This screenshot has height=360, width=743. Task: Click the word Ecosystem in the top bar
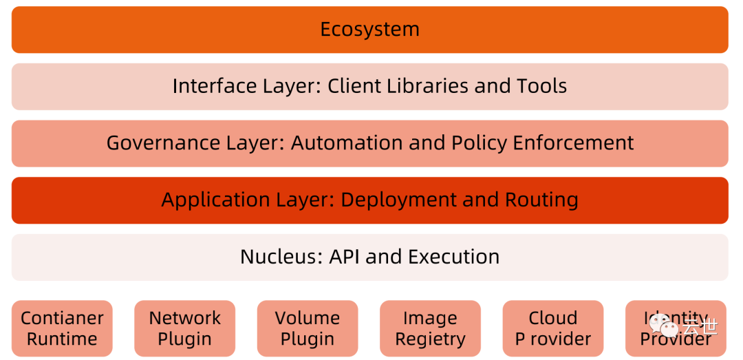(x=369, y=30)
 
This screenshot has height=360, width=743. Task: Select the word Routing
(x=541, y=200)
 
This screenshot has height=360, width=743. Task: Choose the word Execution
(x=453, y=257)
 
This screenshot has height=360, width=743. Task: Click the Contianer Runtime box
(x=62, y=328)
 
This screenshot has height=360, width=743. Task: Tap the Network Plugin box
(x=184, y=328)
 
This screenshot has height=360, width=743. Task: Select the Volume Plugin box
(x=308, y=328)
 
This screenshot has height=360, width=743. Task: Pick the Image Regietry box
(x=430, y=328)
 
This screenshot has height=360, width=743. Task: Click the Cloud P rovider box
(x=553, y=328)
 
